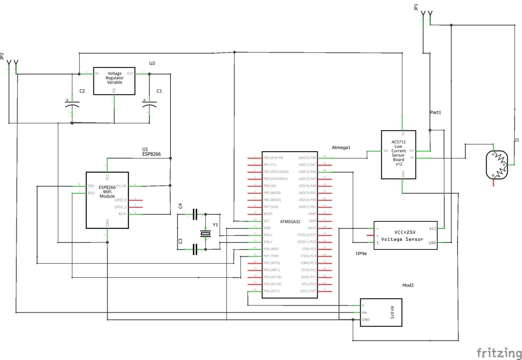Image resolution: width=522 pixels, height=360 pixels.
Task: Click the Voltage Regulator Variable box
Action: [x=114, y=81]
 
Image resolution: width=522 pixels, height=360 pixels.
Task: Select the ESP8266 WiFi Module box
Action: [x=107, y=200]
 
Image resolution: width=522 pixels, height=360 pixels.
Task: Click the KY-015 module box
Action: [x=381, y=312]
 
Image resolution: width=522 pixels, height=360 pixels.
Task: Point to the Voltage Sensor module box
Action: [x=406, y=235]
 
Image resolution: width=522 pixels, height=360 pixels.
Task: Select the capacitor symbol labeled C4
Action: [x=195, y=214]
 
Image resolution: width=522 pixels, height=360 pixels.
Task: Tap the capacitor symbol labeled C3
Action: [x=195, y=248]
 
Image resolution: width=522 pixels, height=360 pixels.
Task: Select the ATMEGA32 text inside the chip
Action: [x=290, y=221]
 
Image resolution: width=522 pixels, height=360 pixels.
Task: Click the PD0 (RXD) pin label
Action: [x=271, y=249]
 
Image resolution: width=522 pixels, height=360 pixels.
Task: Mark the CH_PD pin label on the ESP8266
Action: [x=121, y=186]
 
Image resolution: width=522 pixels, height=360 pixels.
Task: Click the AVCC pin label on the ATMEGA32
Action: [x=312, y=227]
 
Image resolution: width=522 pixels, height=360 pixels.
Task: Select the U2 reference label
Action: [x=152, y=63]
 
